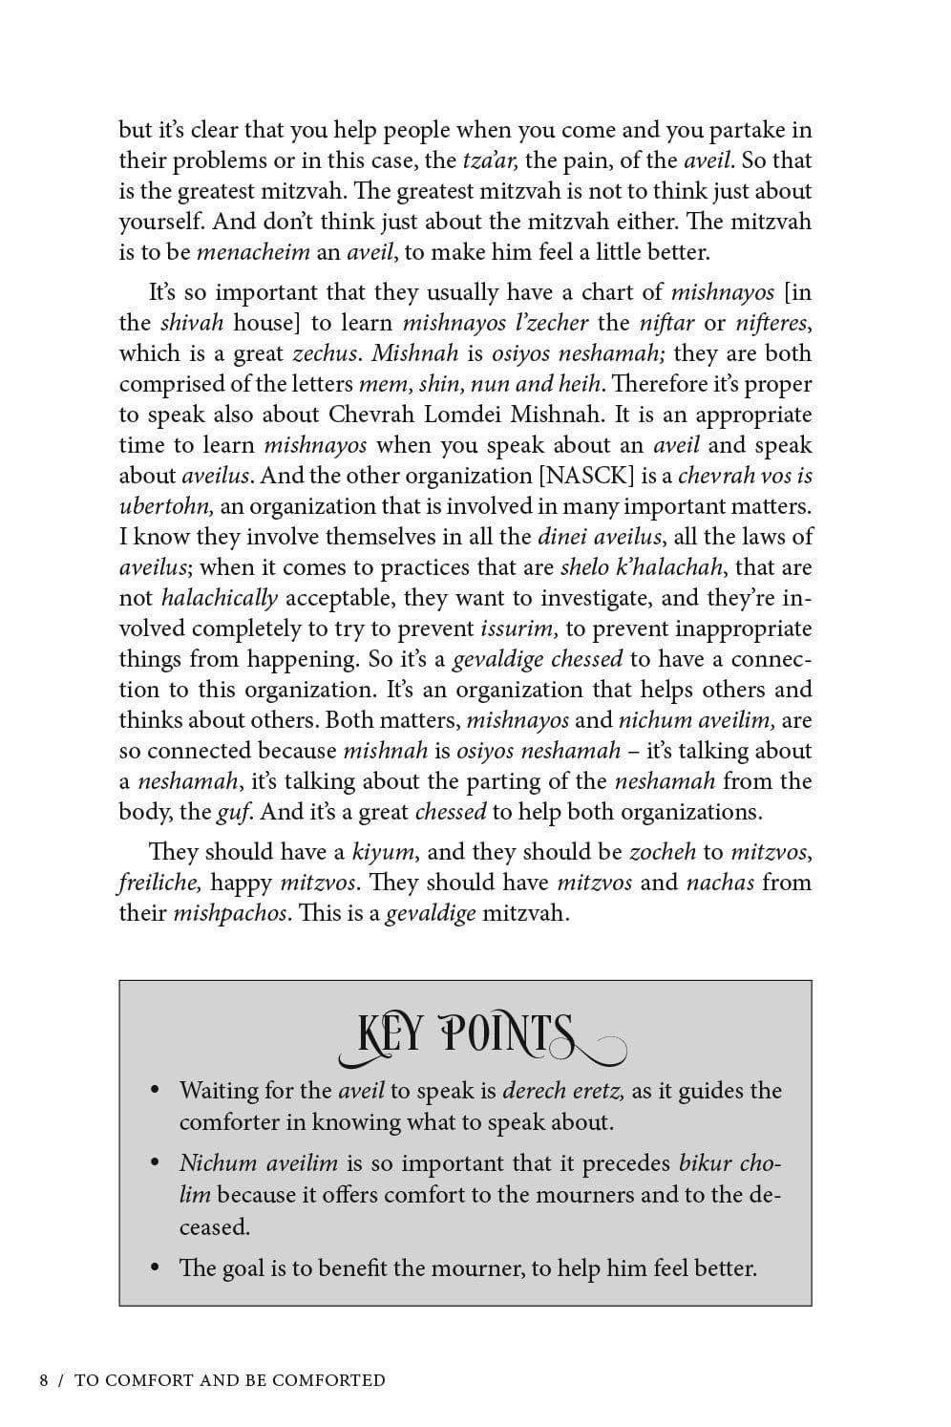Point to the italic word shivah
pyautogui.click(x=191, y=323)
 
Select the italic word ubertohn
pyautogui.click(x=166, y=506)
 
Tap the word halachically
pyautogui.click(x=220, y=598)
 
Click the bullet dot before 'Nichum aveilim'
pyautogui.click(x=155, y=1164)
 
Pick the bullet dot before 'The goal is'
pyautogui.click(x=155, y=1269)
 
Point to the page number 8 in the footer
pyautogui.click(x=44, y=1380)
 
